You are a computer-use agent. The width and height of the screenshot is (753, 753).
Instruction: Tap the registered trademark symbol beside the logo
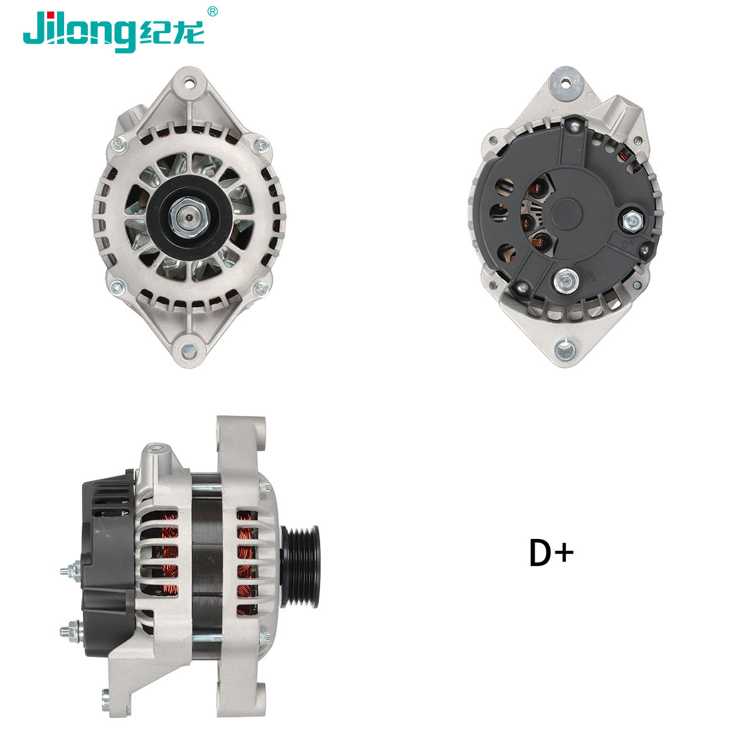[213, 11]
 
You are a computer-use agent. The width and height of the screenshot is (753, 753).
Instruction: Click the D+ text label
[551, 553]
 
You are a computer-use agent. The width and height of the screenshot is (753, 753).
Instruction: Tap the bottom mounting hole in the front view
[189, 349]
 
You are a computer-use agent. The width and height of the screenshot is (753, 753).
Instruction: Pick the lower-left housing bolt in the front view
[115, 288]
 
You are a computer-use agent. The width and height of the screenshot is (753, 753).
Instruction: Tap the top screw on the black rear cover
[572, 126]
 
